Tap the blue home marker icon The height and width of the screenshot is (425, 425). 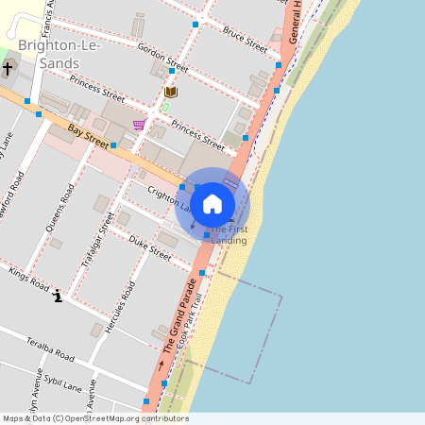212,203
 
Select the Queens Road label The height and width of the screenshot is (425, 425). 60,209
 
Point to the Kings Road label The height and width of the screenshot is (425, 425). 28,279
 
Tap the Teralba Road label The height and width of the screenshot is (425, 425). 50,349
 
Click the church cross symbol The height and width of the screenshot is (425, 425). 8,69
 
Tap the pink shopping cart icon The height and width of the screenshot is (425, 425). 139,124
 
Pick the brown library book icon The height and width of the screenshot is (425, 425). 170,92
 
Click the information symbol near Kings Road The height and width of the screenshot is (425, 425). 59,297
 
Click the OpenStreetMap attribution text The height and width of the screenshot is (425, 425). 94,418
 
